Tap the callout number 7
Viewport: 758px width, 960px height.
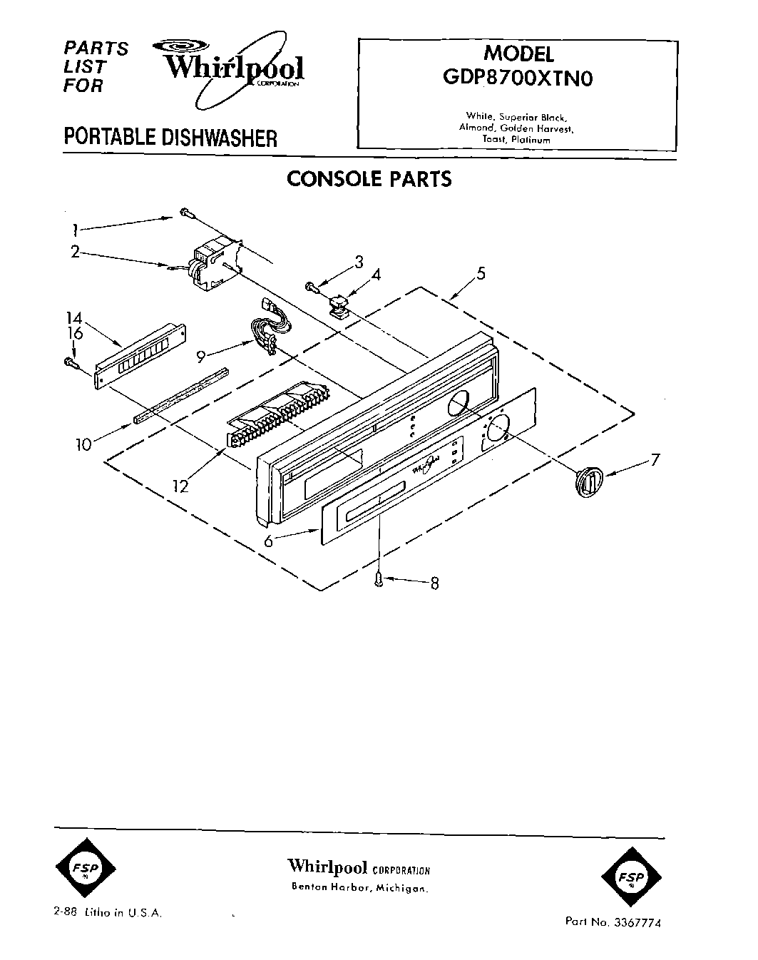[x=655, y=460]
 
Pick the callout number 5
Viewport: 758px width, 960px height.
[x=481, y=273]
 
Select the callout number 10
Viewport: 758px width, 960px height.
[x=83, y=445]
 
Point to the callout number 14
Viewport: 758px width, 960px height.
[x=74, y=319]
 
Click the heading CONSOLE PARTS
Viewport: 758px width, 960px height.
[x=369, y=178]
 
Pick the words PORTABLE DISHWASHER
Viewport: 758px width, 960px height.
[x=170, y=136]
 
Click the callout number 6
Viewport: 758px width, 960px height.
[x=268, y=541]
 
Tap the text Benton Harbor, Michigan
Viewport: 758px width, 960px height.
[x=359, y=889]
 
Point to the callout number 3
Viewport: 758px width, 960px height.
[x=359, y=261]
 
